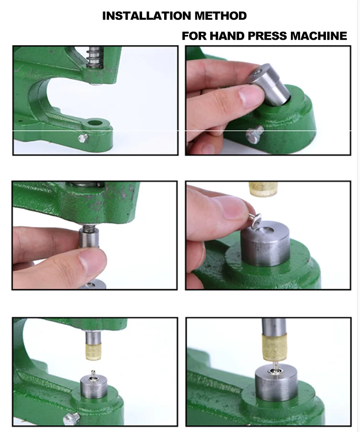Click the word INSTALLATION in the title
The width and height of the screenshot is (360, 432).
tap(147, 16)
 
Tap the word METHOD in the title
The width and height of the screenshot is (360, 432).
tap(220, 16)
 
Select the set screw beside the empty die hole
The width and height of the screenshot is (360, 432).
tap(82, 138)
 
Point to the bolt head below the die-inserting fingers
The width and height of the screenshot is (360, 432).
tap(254, 134)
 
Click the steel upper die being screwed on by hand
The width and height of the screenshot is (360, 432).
tap(90, 238)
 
